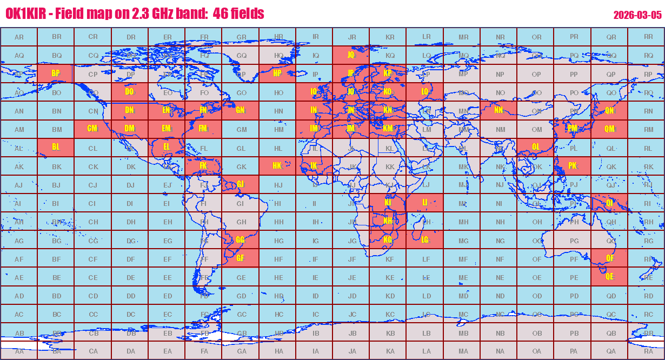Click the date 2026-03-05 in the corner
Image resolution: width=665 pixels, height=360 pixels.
tap(637, 15)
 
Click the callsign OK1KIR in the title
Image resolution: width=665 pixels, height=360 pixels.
tap(25, 14)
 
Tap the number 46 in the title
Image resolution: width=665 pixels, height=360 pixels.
tap(220, 14)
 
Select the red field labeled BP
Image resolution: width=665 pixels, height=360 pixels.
tap(56, 74)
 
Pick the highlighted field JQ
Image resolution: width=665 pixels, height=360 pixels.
tap(351, 55)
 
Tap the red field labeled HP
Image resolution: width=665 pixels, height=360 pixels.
tap(277, 74)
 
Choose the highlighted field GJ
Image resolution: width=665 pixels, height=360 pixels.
tap(241, 184)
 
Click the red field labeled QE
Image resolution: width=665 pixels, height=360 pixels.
tap(609, 277)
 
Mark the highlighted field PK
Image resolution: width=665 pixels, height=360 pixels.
tap(573, 166)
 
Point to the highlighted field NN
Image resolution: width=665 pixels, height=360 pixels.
tap(498, 110)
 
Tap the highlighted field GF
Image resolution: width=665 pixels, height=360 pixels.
tap(241, 258)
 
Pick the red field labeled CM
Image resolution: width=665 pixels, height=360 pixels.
tap(92, 129)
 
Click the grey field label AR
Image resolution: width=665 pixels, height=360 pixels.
tap(19, 37)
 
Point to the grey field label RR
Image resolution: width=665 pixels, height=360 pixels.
tap(648, 37)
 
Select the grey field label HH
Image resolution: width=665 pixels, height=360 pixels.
tap(277, 222)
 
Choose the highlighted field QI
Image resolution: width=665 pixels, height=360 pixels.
tap(609, 203)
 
